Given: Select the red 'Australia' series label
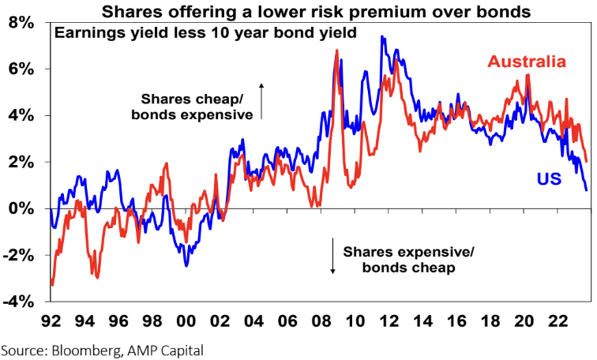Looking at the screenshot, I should [527, 62].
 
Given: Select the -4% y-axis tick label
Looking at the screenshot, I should [21, 302].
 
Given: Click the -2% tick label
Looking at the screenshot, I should [21, 255].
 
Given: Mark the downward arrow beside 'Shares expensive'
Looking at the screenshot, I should [333, 261].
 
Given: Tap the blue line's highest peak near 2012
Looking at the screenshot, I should [382, 36].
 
